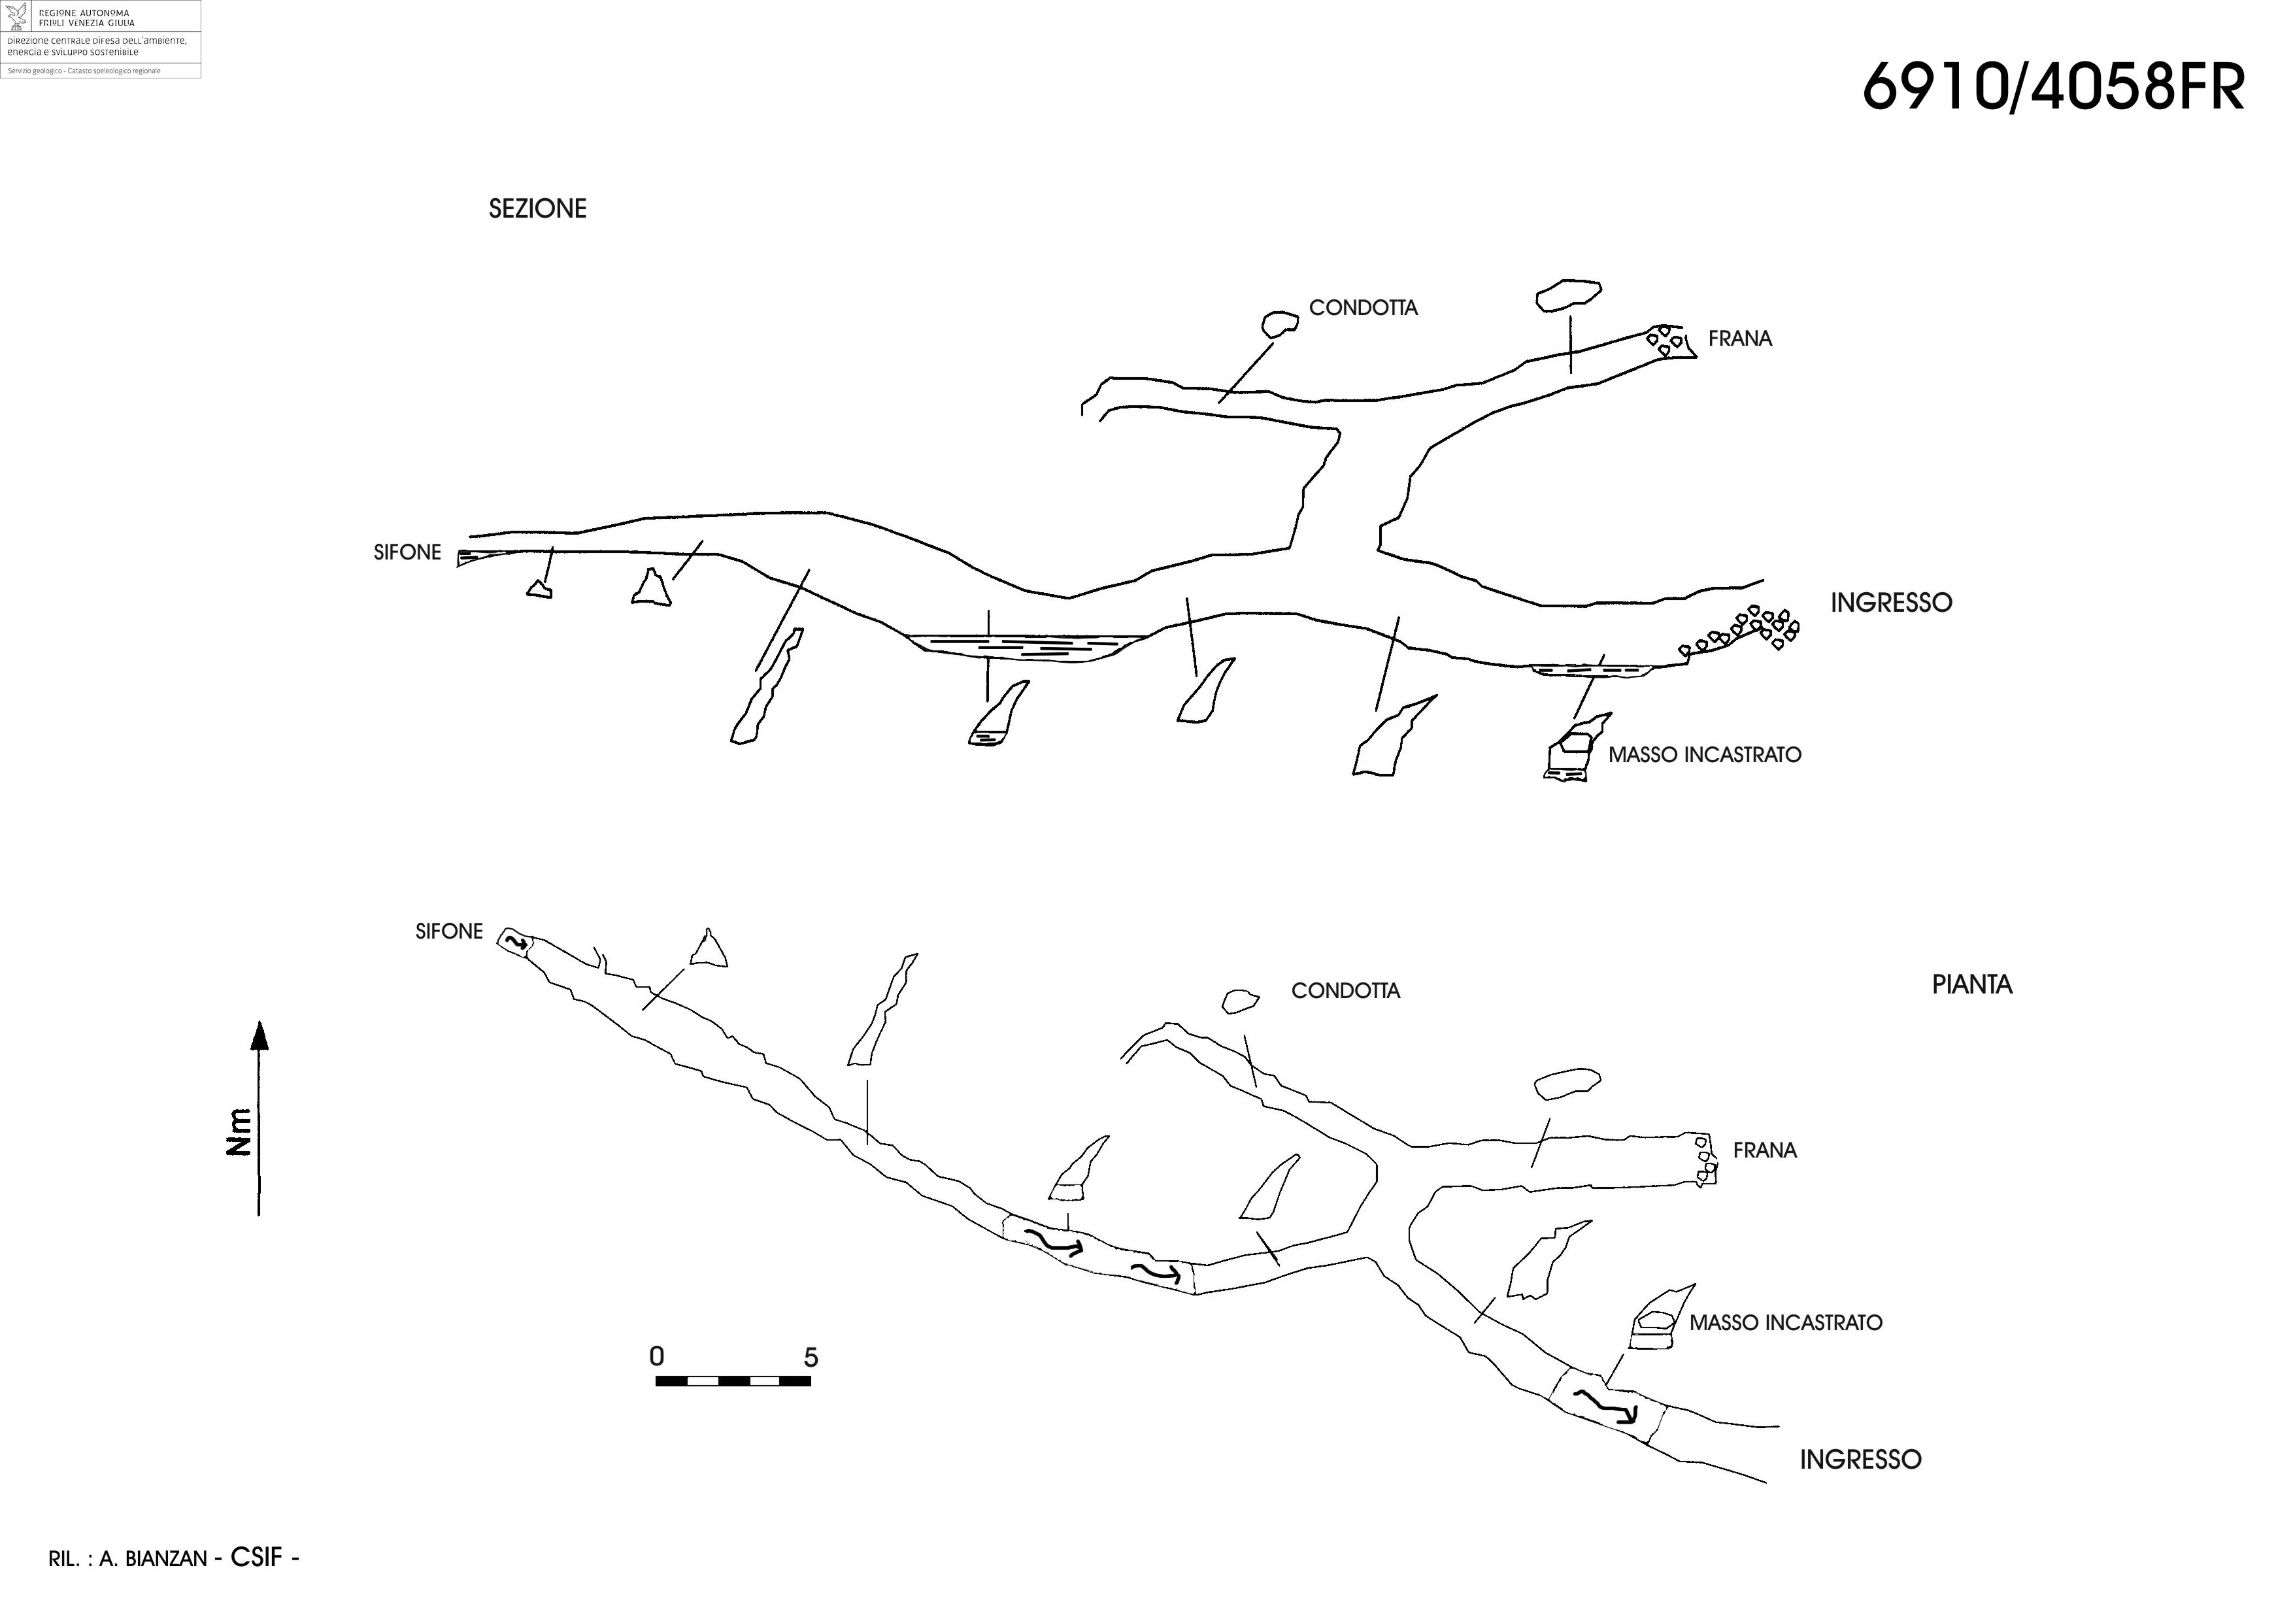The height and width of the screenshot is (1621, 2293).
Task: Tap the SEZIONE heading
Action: click(x=537, y=209)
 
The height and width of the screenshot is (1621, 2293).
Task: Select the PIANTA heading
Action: click(x=1971, y=985)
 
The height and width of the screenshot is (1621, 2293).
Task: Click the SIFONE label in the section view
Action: click(x=407, y=552)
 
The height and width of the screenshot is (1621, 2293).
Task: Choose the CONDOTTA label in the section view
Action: click(x=1364, y=308)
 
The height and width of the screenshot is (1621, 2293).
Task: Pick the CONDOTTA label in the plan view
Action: click(x=1345, y=991)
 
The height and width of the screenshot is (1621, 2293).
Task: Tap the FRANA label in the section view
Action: click(x=1740, y=339)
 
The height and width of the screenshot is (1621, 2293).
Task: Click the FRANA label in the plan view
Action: click(x=1765, y=1150)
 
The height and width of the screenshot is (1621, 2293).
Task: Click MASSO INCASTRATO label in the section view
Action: click(x=1705, y=755)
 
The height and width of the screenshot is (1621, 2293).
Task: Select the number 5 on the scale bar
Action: click(x=811, y=1358)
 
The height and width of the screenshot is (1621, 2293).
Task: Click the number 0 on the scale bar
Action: click(x=656, y=1356)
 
